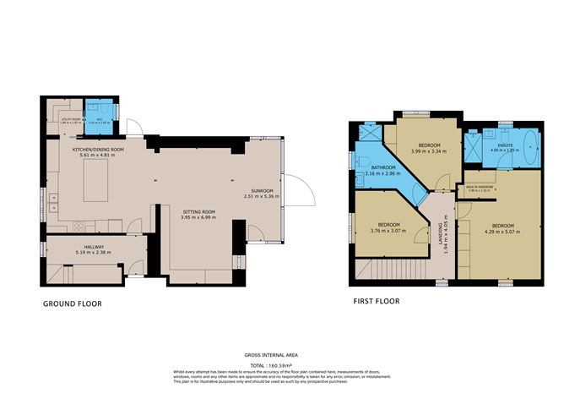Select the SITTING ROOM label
pyautogui.click(x=198, y=212)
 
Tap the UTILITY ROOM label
pyautogui.click(x=59, y=119)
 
